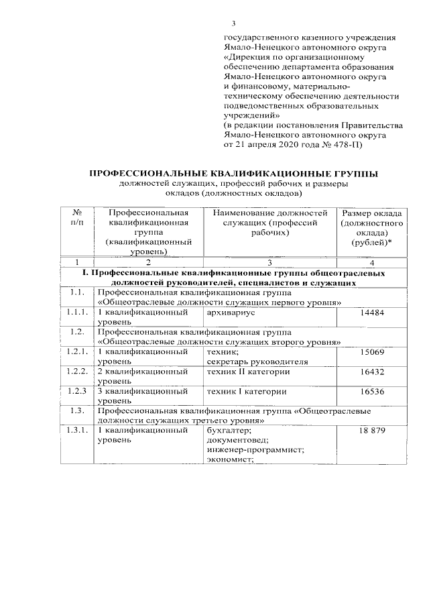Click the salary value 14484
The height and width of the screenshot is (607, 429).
coord(372,313)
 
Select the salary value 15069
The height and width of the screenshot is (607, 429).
coord(372,351)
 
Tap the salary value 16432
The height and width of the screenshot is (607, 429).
coord(372,372)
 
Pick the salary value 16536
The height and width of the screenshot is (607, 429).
coord(372,391)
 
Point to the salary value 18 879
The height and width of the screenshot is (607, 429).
coord(372,430)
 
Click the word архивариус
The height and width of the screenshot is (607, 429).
coord(232,313)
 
